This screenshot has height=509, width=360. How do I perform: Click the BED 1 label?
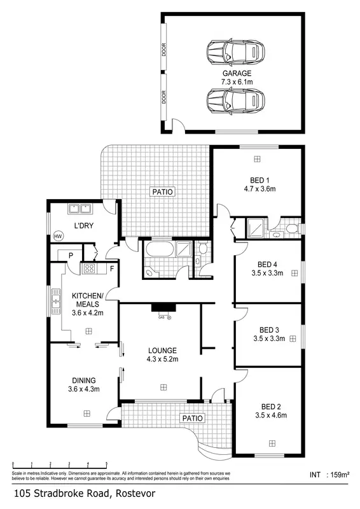click(259, 184)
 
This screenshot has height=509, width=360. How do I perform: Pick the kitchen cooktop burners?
click(88, 269)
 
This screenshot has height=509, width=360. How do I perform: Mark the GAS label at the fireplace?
click(162, 317)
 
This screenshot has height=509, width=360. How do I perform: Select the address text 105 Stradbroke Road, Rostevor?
click(84, 493)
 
